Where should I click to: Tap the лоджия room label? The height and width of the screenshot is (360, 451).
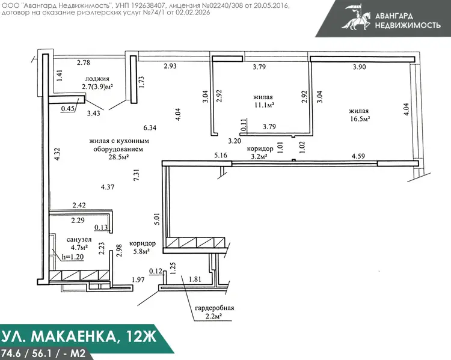pyautogui.click(x=97, y=79)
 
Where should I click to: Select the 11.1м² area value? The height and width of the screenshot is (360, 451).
pyautogui.click(x=263, y=105)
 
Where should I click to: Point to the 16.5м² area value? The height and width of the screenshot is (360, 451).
pyautogui.click(x=360, y=119)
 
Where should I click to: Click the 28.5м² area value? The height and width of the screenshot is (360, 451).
pyautogui.click(x=118, y=157)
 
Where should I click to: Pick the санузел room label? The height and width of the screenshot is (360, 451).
pyautogui.click(x=79, y=240)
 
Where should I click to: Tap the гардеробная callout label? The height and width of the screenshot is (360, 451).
pyautogui.click(x=215, y=308)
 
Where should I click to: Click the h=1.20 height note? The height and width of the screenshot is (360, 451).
pyautogui.click(x=73, y=257)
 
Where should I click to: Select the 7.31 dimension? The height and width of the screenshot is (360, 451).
pyautogui.click(x=137, y=174)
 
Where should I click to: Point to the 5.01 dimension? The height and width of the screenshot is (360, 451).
pyautogui.click(x=157, y=219)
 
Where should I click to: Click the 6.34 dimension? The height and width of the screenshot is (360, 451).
pyautogui.click(x=150, y=127)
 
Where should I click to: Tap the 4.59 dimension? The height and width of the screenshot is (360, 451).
pyautogui.click(x=358, y=156)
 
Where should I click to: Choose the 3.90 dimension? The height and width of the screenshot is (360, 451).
pyautogui.click(x=360, y=67)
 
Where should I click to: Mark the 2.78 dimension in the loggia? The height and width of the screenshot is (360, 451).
pyautogui.click(x=84, y=63)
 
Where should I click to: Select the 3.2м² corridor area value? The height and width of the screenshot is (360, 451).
pyautogui.click(x=259, y=157)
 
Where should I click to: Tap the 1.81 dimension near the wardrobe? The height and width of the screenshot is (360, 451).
pyautogui.click(x=195, y=279)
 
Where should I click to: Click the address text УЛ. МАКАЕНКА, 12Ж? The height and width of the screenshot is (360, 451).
pyautogui.click(x=79, y=336)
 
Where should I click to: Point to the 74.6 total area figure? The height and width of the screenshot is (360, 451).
pyautogui.click(x=11, y=353)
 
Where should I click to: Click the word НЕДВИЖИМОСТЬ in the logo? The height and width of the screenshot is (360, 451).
pyautogui.click(x=408, y=25)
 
